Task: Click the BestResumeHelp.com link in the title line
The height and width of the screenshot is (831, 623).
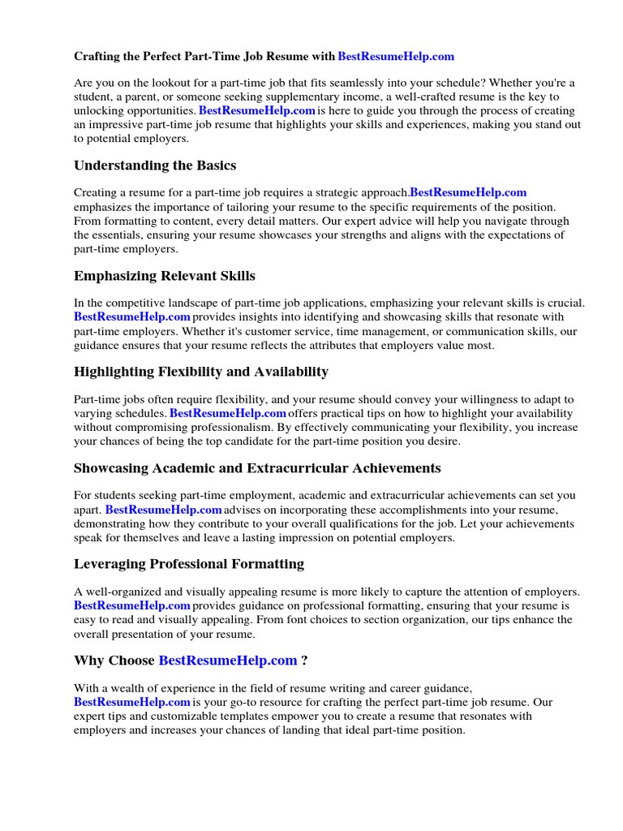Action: pyautogui.click(x=395, y=56)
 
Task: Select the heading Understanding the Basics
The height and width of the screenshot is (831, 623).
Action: pyautogui.click(x=155, y=165)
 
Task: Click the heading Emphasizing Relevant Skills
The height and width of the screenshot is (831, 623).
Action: pyautogui.click(x=165, y=276)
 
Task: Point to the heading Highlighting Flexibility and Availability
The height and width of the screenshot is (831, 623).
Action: pyautogui.click(x=201, y=372)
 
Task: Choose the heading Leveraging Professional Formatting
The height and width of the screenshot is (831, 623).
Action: pyautogui.click(x=189, y=563)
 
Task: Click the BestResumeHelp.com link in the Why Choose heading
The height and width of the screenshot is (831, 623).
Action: pyautogui.click(x=228, y=661)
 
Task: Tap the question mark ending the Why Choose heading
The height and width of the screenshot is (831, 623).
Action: pyautogui.click(x=304, y=661)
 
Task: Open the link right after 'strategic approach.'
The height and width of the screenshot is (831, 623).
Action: pyautogui.click(x=468, y=192)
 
